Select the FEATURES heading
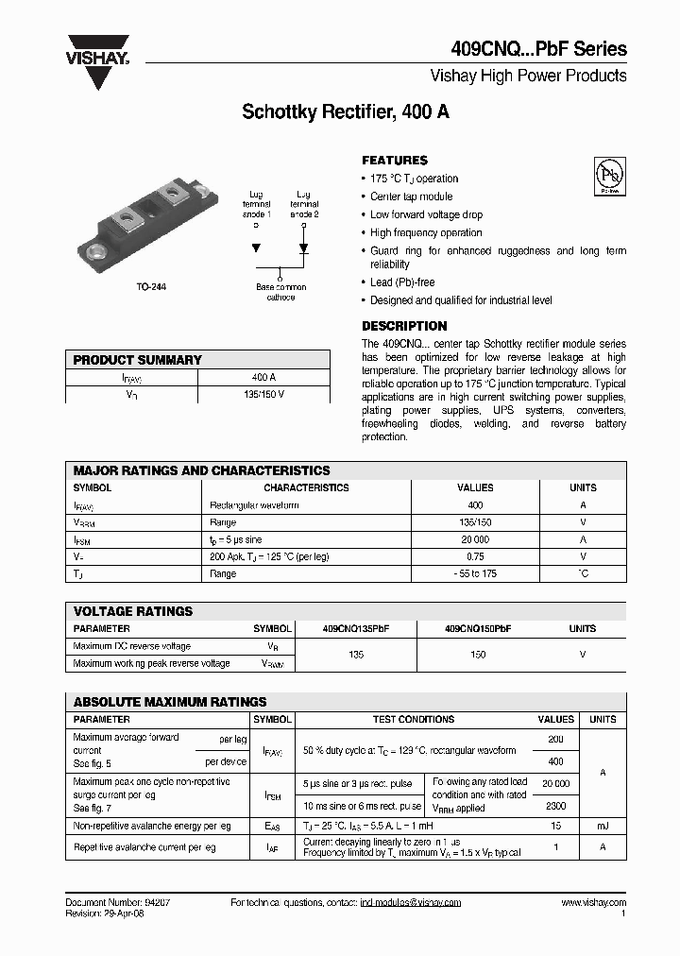pos(395,161)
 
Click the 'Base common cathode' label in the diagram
pos(280,292)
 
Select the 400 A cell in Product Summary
pos(263,377)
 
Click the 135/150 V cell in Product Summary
pos(263,394)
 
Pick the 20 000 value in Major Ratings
pos(474,539)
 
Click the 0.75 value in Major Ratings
pos(474,556)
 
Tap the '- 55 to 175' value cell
pos(474,573)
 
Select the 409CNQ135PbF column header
pos(356,628)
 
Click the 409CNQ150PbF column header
pos(478,628)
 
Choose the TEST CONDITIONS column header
pos(414,719)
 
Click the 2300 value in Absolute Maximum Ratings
pos(556,806)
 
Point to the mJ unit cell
pos(603,825)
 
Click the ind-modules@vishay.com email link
pos(411,903)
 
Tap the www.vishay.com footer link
pos(593,903)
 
